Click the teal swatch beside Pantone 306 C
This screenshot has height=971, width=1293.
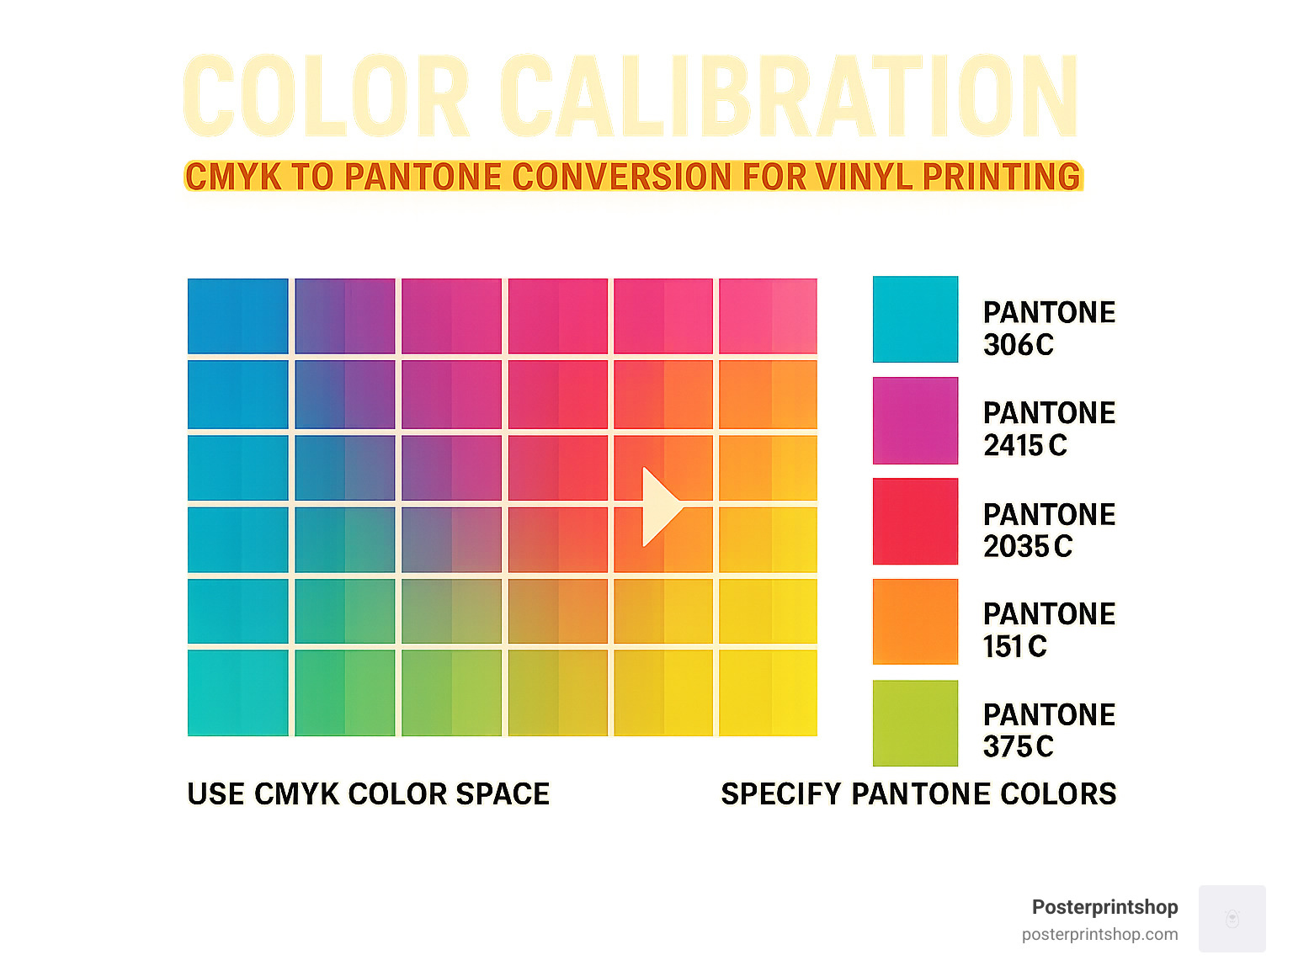pyautogui.click(x=915, y=319)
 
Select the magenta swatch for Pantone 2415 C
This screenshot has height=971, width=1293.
pyautogui.click(x=915, y=421)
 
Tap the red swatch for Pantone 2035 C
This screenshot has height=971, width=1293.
pyautogui.click(x=915, y=521)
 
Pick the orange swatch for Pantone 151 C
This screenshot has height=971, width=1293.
pyautogui.click(x=915, y=622)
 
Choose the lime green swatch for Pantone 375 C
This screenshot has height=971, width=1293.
pyautogui.click(x=915, y=723)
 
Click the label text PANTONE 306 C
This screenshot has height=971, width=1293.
pyautogui.click(x=1049, y=328)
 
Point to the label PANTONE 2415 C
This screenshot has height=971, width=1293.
pyautogui.click(x=1049, y=429)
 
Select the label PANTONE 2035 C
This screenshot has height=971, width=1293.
pyautogui.click(x=1049, y=530)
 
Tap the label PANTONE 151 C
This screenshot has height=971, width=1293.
pyautogui.click(x=1049, y=630)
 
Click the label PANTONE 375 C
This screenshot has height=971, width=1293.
pyautogui.click(x=1049, y=730)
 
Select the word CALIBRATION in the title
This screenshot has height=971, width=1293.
pyautogui.click(x=789, y=96)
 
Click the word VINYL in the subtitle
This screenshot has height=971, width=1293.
pyautogui.click(x=864, y=177)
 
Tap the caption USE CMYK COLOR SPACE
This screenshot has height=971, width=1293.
pyautogui.click(x=368, y=793)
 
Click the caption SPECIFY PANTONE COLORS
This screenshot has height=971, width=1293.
pyautogui.click(x=918, y=793)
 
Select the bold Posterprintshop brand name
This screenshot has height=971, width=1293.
pyautogui.click(x=1104, y=907)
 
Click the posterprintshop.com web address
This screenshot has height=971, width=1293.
pyautogui.click(x=1099, y=934)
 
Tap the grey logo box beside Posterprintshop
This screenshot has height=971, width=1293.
pyautogui.click(x=1232, y=918)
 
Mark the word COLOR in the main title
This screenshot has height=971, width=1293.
pyautogui.click(x=326, y=96)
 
